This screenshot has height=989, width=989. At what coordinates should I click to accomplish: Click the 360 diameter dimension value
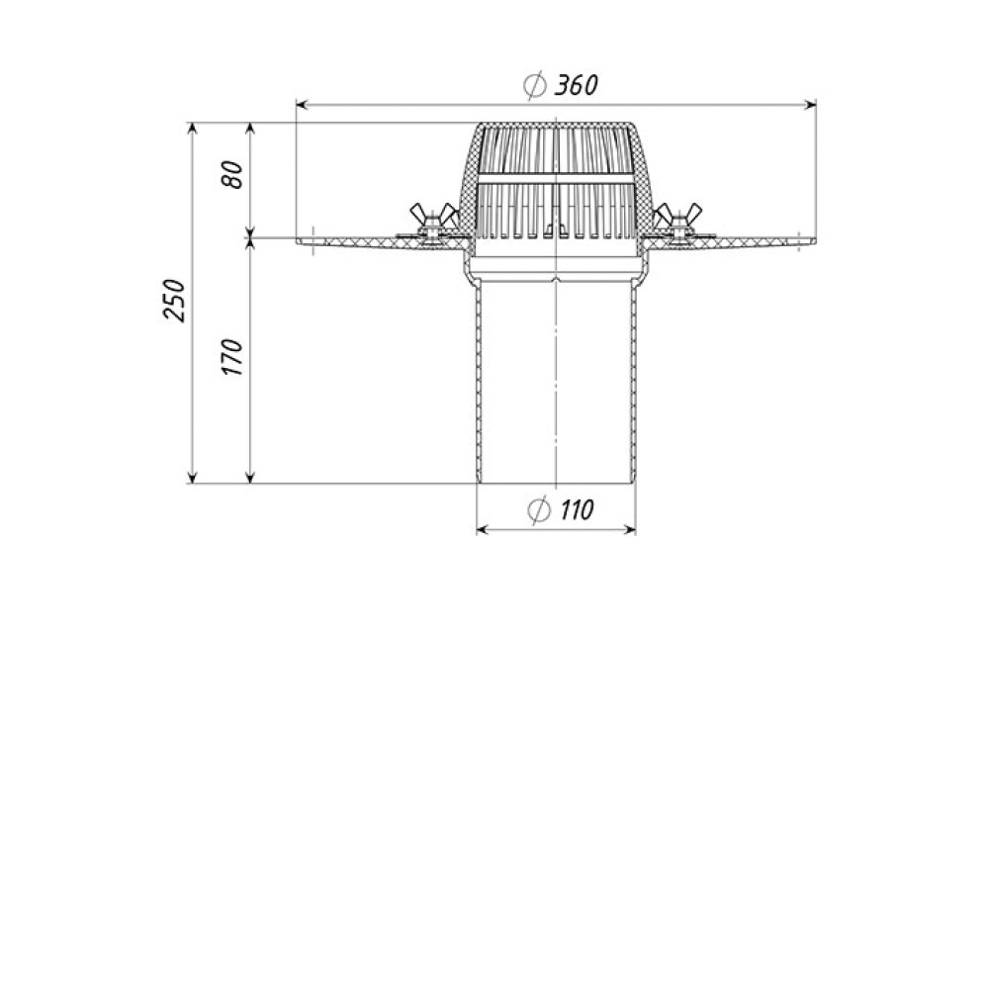coord(576,84)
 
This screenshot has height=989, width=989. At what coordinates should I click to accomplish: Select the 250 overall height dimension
coord(175,301)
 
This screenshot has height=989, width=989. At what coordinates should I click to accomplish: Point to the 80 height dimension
coord(232,174)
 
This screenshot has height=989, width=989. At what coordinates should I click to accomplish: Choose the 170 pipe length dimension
coord(232,358)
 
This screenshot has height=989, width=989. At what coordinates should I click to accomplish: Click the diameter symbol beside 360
coord(535,85)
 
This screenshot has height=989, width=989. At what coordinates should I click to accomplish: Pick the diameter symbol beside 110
coord(538,510)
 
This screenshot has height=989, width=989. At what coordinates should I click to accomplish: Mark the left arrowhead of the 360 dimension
coord(302,105)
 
